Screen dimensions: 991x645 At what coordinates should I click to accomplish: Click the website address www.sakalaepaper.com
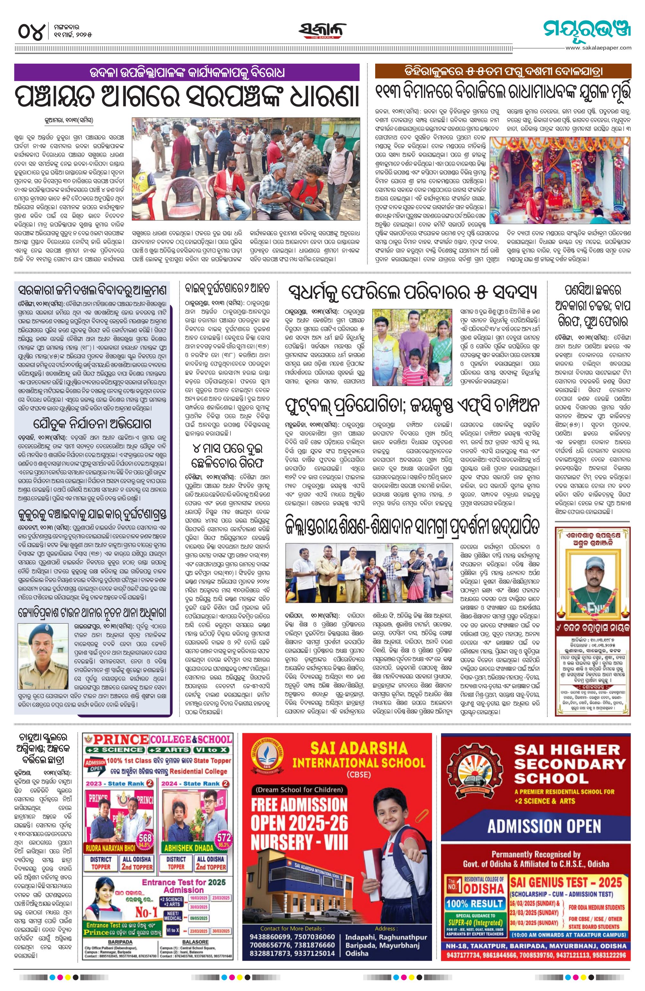click(598, 48)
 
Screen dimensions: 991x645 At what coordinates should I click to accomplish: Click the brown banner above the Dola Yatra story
click(503, 71)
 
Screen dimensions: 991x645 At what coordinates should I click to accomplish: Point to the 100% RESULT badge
click(474, 904)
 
